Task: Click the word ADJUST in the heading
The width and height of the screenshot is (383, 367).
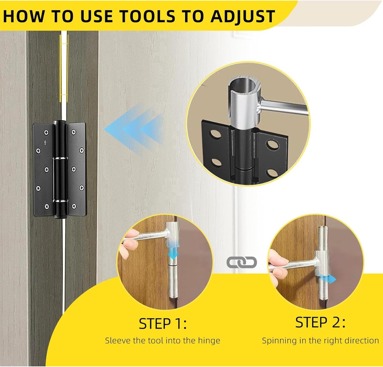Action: [x=242, y=16]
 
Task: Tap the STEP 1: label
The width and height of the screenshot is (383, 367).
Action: [x=163, y=324]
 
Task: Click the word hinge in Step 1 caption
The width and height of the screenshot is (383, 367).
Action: [x=208, y=341]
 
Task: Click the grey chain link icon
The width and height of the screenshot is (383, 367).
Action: [x=242, y=262]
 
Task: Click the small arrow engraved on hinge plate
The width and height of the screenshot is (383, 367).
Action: [x=45, y=143]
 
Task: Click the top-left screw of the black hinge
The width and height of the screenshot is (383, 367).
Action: [x=46, y=132]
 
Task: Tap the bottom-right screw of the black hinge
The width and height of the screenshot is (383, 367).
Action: [x=74, y=206]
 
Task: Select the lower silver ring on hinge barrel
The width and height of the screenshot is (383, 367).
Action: [x=60, y=200]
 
